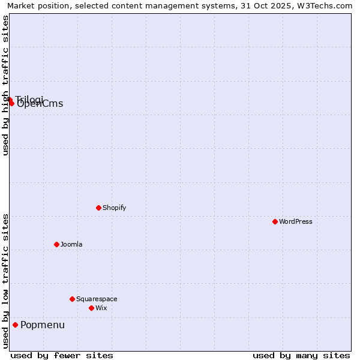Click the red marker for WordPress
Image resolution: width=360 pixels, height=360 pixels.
coord(275,221)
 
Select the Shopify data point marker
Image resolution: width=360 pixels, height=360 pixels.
coord(98,208)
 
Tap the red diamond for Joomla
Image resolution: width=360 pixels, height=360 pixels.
coord(56,244)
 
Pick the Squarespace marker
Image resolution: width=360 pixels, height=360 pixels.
coord(72,299)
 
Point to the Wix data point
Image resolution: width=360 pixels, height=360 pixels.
coord(91,308)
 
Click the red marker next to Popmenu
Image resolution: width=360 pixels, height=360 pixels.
coord(15,325)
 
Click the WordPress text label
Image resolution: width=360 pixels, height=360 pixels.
coord(296,221)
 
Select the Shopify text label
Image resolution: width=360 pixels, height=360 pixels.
coord(114,208)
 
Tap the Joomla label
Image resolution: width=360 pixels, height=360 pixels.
coord(71,244)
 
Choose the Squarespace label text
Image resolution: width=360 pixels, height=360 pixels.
coord(97,299)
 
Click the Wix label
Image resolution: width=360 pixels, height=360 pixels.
coord(101,308)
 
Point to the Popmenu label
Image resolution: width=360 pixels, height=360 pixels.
coord(43,325)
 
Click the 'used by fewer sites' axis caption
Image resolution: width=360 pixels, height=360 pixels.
coord(62,355)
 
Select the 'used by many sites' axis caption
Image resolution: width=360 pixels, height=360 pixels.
coord(301,355)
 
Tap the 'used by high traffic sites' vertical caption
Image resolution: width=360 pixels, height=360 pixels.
coord(5,85)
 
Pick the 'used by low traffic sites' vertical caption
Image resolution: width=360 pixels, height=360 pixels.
coord(5,281)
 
